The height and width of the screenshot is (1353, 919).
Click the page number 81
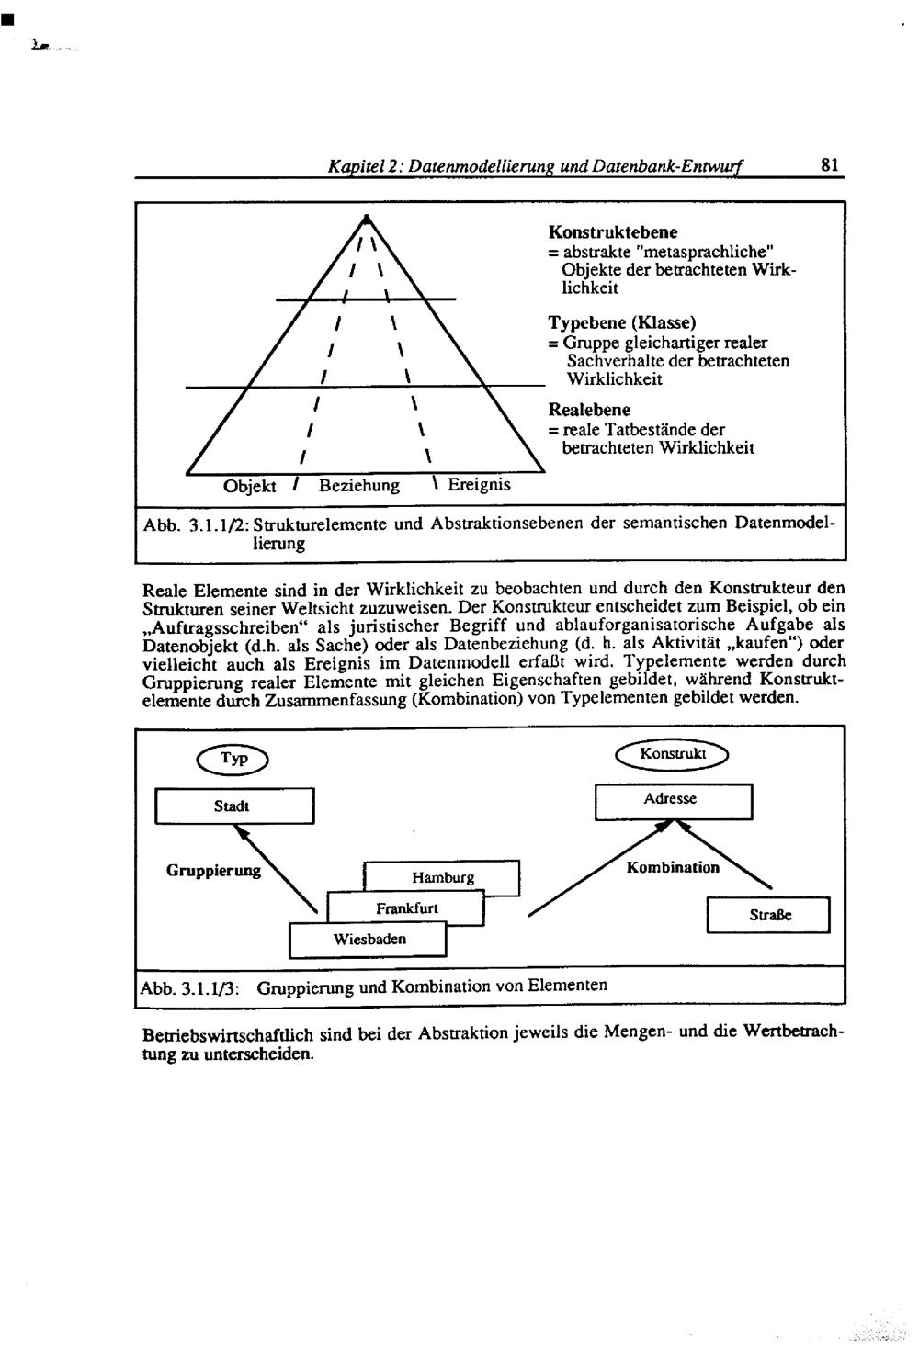pyautogui.click(x=829, y=165)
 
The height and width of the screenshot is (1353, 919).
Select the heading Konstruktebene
pyautogui.click(x=612, y=232)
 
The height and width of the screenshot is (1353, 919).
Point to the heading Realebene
pyautogui.click(x=589, y=410)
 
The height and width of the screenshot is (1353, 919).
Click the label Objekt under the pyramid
pyautogui.click(x=250, y=485)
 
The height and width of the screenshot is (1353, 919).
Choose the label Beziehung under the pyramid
pyautogui.click(x=358, y=485)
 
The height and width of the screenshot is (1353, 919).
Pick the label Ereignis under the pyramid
pyautogui.click(x=479, y=484)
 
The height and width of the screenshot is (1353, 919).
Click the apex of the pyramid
pyautogui.click(x=366, y=217)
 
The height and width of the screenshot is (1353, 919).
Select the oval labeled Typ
pyautogui.click(x=232, y=759)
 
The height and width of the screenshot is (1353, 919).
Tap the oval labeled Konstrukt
pyautogui.click(x=673, y=754)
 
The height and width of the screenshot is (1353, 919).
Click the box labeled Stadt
pyautogui.click(x=234, y=806)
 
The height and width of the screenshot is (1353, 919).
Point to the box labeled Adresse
pyautogui.click(x=673, y=801)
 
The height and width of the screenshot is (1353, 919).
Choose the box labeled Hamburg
pyautogui.click(x=443, y=877)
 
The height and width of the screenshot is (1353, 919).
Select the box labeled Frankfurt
pyautogui.click(x=406, y=908)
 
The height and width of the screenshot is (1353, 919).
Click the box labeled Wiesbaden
pyautogui.click(x=369, y=940)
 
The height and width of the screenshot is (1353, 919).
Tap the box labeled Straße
pyautogui.click(x=768, y=916)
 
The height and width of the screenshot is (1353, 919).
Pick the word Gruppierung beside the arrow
pyautogui.click(x=213, y=870)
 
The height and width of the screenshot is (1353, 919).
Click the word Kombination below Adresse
pyautogui.click(x=673, y=867)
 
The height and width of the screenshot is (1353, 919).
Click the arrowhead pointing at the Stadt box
pyautogui.click(x=241, y=830)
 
